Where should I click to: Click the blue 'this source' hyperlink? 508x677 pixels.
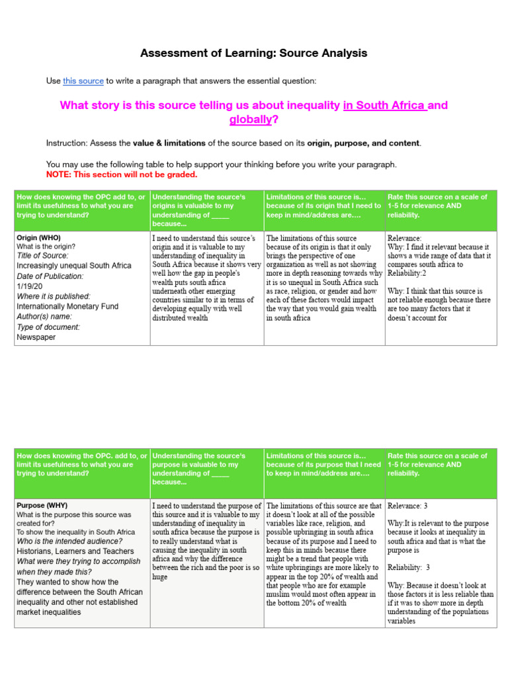(x=83, y=81)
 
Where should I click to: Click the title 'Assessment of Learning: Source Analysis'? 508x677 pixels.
(x=253, y=53)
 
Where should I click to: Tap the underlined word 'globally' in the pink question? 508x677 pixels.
(x=251, y=120)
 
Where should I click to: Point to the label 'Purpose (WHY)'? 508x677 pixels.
(x=42, y=506)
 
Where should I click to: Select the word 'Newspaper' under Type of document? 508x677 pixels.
(x=36, y=337)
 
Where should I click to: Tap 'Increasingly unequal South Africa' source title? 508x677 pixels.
(x=73, y=266)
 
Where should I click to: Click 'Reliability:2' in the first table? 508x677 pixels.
(x=407, y=273)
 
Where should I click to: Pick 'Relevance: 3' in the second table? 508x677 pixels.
(x=407, y=506)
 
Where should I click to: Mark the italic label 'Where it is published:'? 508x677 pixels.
(x=54, y=296)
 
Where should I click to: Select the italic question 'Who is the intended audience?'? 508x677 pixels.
(x=69, y=541)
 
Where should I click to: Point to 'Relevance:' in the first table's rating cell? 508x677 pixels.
(x=405, y=238)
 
